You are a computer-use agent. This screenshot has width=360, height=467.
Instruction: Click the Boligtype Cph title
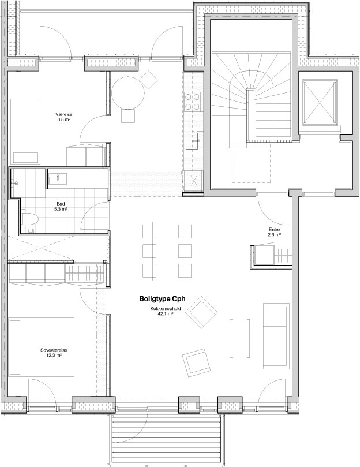(163, 299)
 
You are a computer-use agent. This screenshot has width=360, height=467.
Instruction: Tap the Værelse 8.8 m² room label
(64, 117)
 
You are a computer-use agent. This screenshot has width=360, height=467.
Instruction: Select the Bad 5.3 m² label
(61, 207)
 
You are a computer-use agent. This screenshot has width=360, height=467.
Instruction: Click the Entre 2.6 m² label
(275, 232)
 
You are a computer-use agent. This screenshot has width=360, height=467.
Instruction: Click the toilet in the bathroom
(29, 219)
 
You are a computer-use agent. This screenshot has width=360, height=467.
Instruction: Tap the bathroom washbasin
(58, 179)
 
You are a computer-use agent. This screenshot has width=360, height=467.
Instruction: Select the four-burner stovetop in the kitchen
(192, 102)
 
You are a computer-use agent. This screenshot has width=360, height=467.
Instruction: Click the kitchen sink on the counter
(192, 141)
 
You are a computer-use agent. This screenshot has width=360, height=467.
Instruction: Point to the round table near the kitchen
(127, 93)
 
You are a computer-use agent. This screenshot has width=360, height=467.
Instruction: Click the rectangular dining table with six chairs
(167, 251)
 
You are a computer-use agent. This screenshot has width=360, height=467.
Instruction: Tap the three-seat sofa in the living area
(276, 335)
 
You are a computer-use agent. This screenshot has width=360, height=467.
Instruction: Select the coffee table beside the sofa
(239, 336)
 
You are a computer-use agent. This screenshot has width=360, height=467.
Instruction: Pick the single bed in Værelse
(25, 131)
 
